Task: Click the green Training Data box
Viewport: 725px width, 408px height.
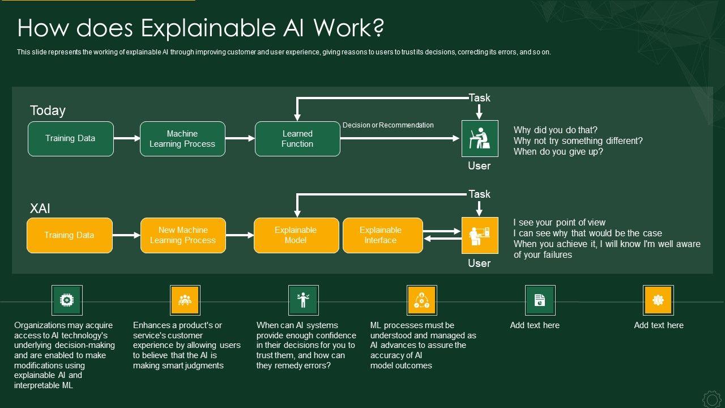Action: point(71,139)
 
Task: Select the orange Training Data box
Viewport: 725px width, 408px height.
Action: point(70,235)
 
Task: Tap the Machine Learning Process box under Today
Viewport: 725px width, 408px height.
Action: point(182,139)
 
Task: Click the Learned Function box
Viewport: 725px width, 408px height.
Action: point(297,139)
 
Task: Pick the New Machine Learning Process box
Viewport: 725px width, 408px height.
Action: point(183,235)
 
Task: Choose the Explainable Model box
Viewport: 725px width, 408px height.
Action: point(296,235)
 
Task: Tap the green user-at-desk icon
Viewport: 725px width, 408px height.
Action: point(480,138)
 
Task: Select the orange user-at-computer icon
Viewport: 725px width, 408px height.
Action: point(480,235)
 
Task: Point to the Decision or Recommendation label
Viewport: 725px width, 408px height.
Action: point(388,125)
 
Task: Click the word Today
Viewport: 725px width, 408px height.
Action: point(48,110)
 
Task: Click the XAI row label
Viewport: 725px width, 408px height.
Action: point(40,209)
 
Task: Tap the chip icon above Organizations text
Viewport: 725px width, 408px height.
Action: point(67,300)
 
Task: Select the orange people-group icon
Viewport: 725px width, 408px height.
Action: point(185,300)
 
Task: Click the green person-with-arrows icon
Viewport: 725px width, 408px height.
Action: point(304,300)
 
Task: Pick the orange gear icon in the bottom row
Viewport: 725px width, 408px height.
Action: point(658,300)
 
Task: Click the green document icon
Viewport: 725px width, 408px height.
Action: point(540,300)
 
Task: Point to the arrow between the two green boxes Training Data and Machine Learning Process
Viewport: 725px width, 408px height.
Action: point(127,138)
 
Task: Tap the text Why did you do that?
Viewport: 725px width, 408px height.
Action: point(555,130)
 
